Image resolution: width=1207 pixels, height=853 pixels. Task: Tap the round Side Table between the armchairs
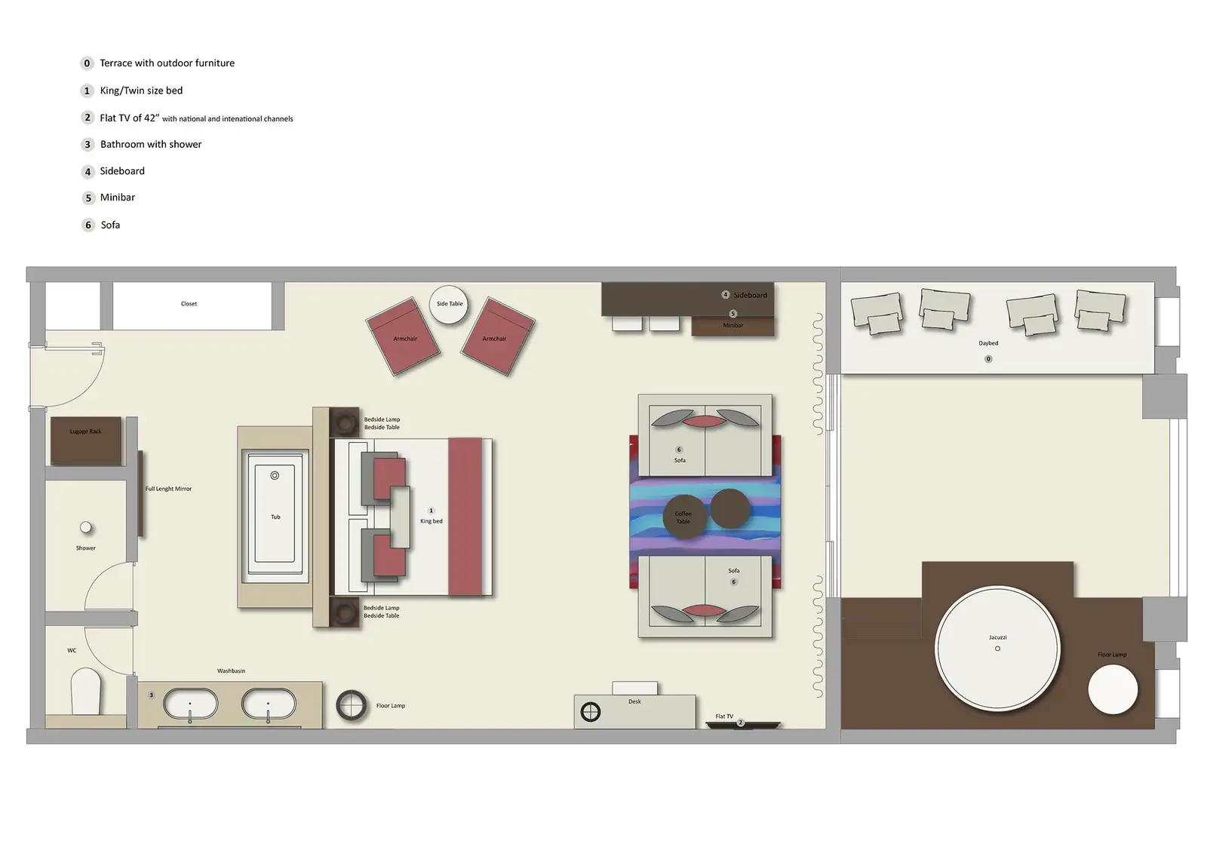(449, 305)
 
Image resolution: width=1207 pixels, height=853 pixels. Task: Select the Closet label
(189, 304)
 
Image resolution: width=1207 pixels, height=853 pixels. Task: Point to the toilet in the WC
(85, 692)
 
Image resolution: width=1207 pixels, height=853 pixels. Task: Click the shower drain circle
(86, 528)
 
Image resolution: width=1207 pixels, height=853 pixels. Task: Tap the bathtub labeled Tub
(275, 517)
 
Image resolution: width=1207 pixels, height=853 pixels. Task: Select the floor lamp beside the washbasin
(352, 706)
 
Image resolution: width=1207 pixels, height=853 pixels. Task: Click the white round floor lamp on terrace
(1112, 689)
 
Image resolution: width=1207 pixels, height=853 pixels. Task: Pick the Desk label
(634, 701)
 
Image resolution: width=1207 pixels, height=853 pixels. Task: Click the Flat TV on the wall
(742, 724)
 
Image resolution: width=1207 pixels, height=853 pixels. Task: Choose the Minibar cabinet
(732, 326)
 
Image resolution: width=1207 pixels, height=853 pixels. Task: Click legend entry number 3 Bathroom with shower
(150, 144)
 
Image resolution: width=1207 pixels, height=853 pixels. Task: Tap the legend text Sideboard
(122, 171)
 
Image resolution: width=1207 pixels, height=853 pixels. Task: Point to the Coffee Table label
(683, 517)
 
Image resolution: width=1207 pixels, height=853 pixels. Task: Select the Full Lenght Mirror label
(168, 489)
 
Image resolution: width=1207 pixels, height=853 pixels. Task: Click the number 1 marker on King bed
(432, 511)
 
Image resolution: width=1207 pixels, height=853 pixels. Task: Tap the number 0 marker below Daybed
(988, 359)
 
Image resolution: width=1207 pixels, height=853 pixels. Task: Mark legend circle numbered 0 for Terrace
(87, 63)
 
